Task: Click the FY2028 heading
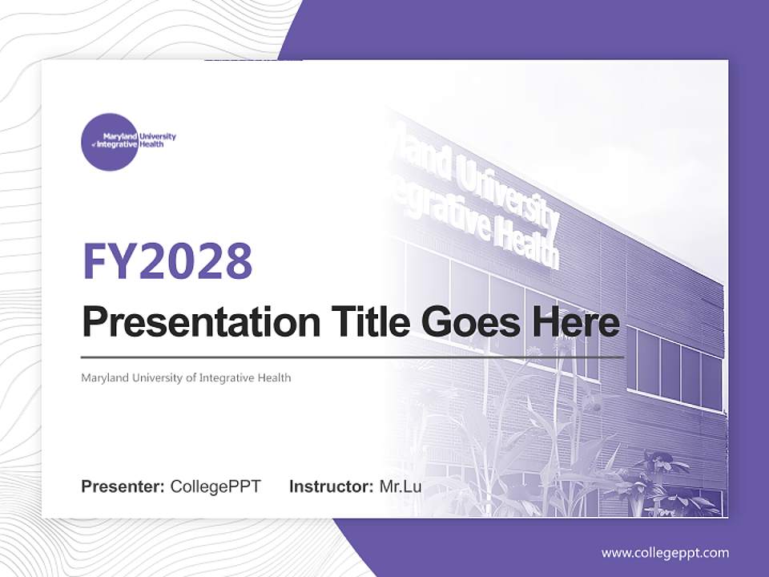[x=167, y=261]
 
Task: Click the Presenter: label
[x=123, y=486]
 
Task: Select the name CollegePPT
[x=215, y=486]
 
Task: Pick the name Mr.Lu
[x=401, y=486]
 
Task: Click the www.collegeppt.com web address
[x=665, y=553]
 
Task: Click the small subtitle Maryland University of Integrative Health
[x=186, y=377]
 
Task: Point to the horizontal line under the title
[x=352, y=357]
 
